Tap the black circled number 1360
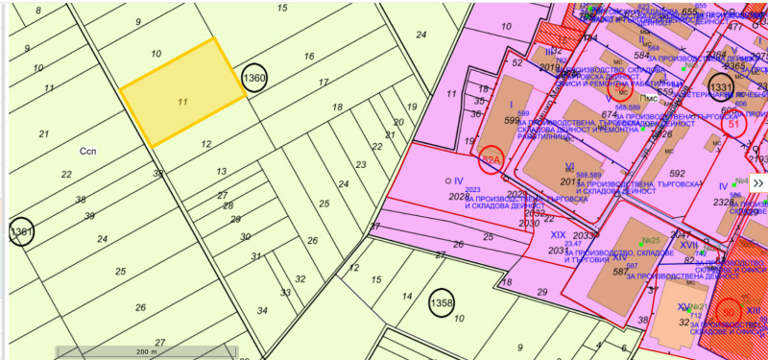tap(253, 79)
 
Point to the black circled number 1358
tap(441, 303)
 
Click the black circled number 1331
tap(721, 87)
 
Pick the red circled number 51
tap(735, 123)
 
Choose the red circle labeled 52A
tap(492, 160)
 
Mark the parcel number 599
tap(512, 120)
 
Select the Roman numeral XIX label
tap(558, 234)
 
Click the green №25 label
tap(652, 241)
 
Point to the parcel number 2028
tap(459, 196)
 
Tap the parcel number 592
tap(678, 174)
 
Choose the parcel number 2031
tap(558, 251)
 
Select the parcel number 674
tap(608, 115)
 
